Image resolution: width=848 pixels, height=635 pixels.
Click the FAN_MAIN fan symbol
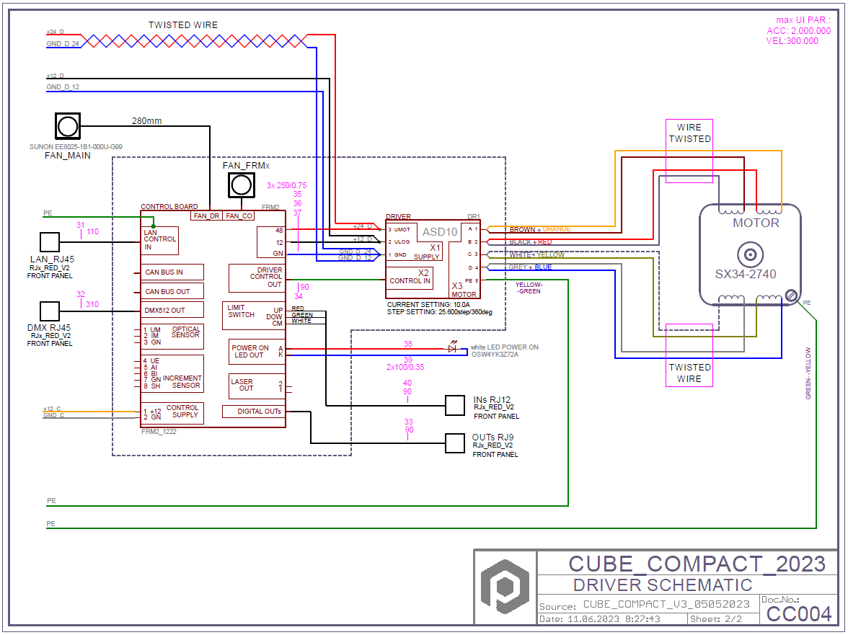[x=68, y=126]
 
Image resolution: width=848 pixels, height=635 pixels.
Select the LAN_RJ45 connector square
[x=49, y=242]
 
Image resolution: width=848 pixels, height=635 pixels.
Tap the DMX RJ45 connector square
[x=49, y=311]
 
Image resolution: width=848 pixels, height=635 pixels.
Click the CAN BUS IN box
[x=172, y=272]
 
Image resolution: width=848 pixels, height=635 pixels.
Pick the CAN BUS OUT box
[x=172, y=291]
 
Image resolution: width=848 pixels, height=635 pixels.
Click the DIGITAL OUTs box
[x=252, y=412]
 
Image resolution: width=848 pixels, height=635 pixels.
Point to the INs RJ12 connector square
[x=455, y=406]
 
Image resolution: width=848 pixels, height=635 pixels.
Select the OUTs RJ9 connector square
[x=455, y=443]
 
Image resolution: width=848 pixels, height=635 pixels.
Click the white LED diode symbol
[x=452, y=348]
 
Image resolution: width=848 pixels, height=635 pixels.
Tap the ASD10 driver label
[x=439, y=232]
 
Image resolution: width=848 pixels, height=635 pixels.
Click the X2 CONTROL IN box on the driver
[x=410, y=277]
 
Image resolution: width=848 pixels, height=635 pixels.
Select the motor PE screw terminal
[x=791, y=295]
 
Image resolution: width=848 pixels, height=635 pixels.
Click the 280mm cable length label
[x=146, y=120]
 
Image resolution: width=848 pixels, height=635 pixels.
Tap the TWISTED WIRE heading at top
[x=183, y=25]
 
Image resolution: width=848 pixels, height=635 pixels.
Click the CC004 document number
[x=799, y=613]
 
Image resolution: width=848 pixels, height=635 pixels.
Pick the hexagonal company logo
[x=505, y=587]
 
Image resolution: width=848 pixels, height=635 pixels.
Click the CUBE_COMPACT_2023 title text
[x=697, y=564]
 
